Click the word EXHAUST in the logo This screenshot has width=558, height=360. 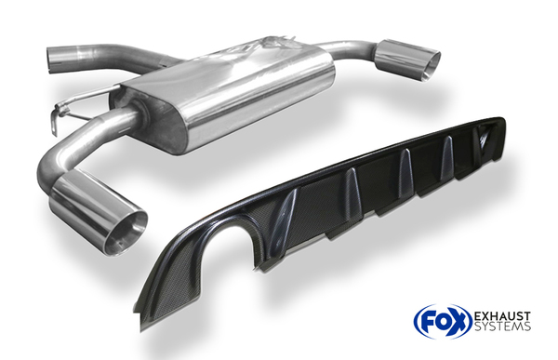tap(502, 316)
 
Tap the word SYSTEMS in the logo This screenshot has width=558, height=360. tap(502, 327)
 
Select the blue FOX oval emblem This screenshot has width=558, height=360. tap(443, 321)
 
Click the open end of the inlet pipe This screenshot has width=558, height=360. tap(50, 60)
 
